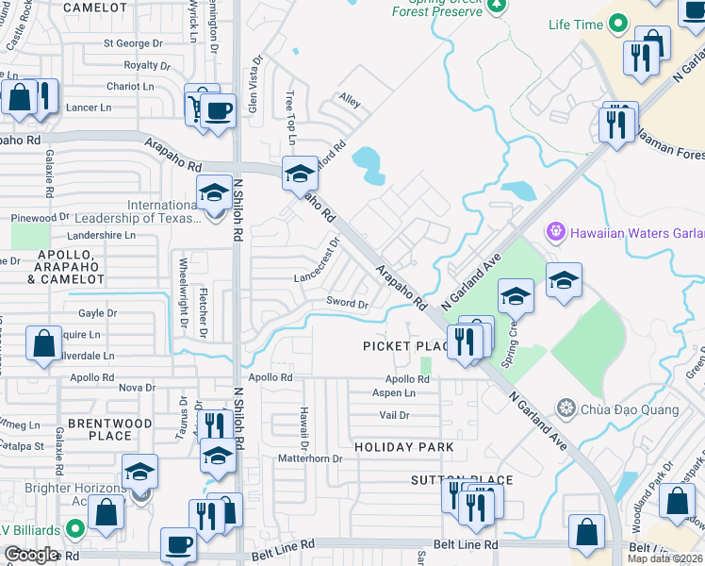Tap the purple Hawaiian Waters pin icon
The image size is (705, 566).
(x=554, y=230)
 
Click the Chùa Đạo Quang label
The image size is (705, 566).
(x=620, y=408)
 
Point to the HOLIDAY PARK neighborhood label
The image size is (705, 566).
(x=403, y=446)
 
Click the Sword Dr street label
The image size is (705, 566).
(x=347, y=304)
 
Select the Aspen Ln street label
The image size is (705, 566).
(x=394, y=393)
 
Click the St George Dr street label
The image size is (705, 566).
(x=134, y=43)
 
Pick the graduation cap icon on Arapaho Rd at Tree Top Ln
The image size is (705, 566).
(x=301, y=174)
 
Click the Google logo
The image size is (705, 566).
(x=31, y=555)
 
